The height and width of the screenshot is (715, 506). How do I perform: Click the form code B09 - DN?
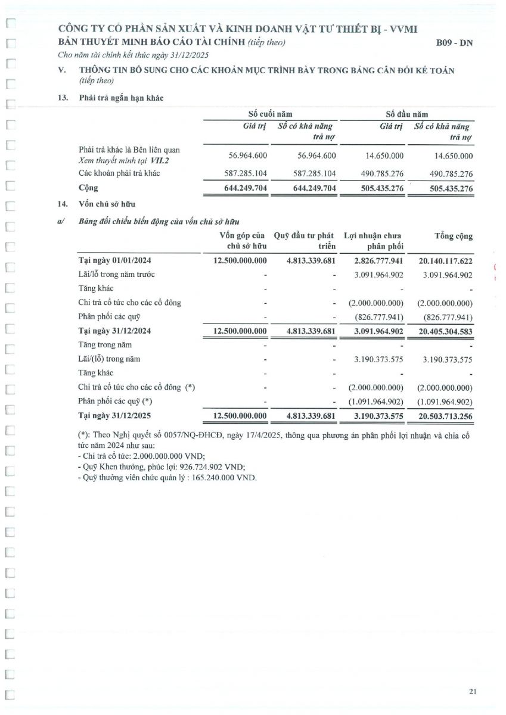454,43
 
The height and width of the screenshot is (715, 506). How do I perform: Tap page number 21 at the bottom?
473,691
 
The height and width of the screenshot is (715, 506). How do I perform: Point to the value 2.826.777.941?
378,260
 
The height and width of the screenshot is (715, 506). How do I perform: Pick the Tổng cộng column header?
454,236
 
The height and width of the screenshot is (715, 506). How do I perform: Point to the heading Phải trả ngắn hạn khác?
121,98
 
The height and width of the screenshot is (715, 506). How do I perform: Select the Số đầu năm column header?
406,114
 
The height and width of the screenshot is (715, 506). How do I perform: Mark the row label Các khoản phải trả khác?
119,173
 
